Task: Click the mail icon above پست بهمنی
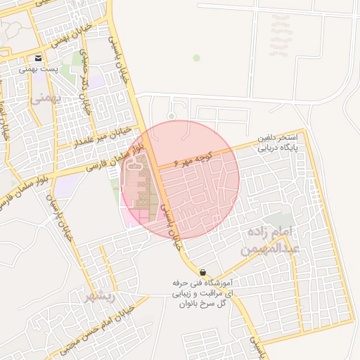click(x=38, y=58)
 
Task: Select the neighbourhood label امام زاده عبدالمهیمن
click(x=271, y=240)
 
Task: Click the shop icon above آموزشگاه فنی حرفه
click(x=202, y=272)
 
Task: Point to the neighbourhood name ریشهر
click(x=99, y=296)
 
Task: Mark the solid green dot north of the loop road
click(x=197, y=58)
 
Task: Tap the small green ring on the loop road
click(x=172, y=115)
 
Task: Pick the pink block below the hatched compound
click(x=134, y=217)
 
